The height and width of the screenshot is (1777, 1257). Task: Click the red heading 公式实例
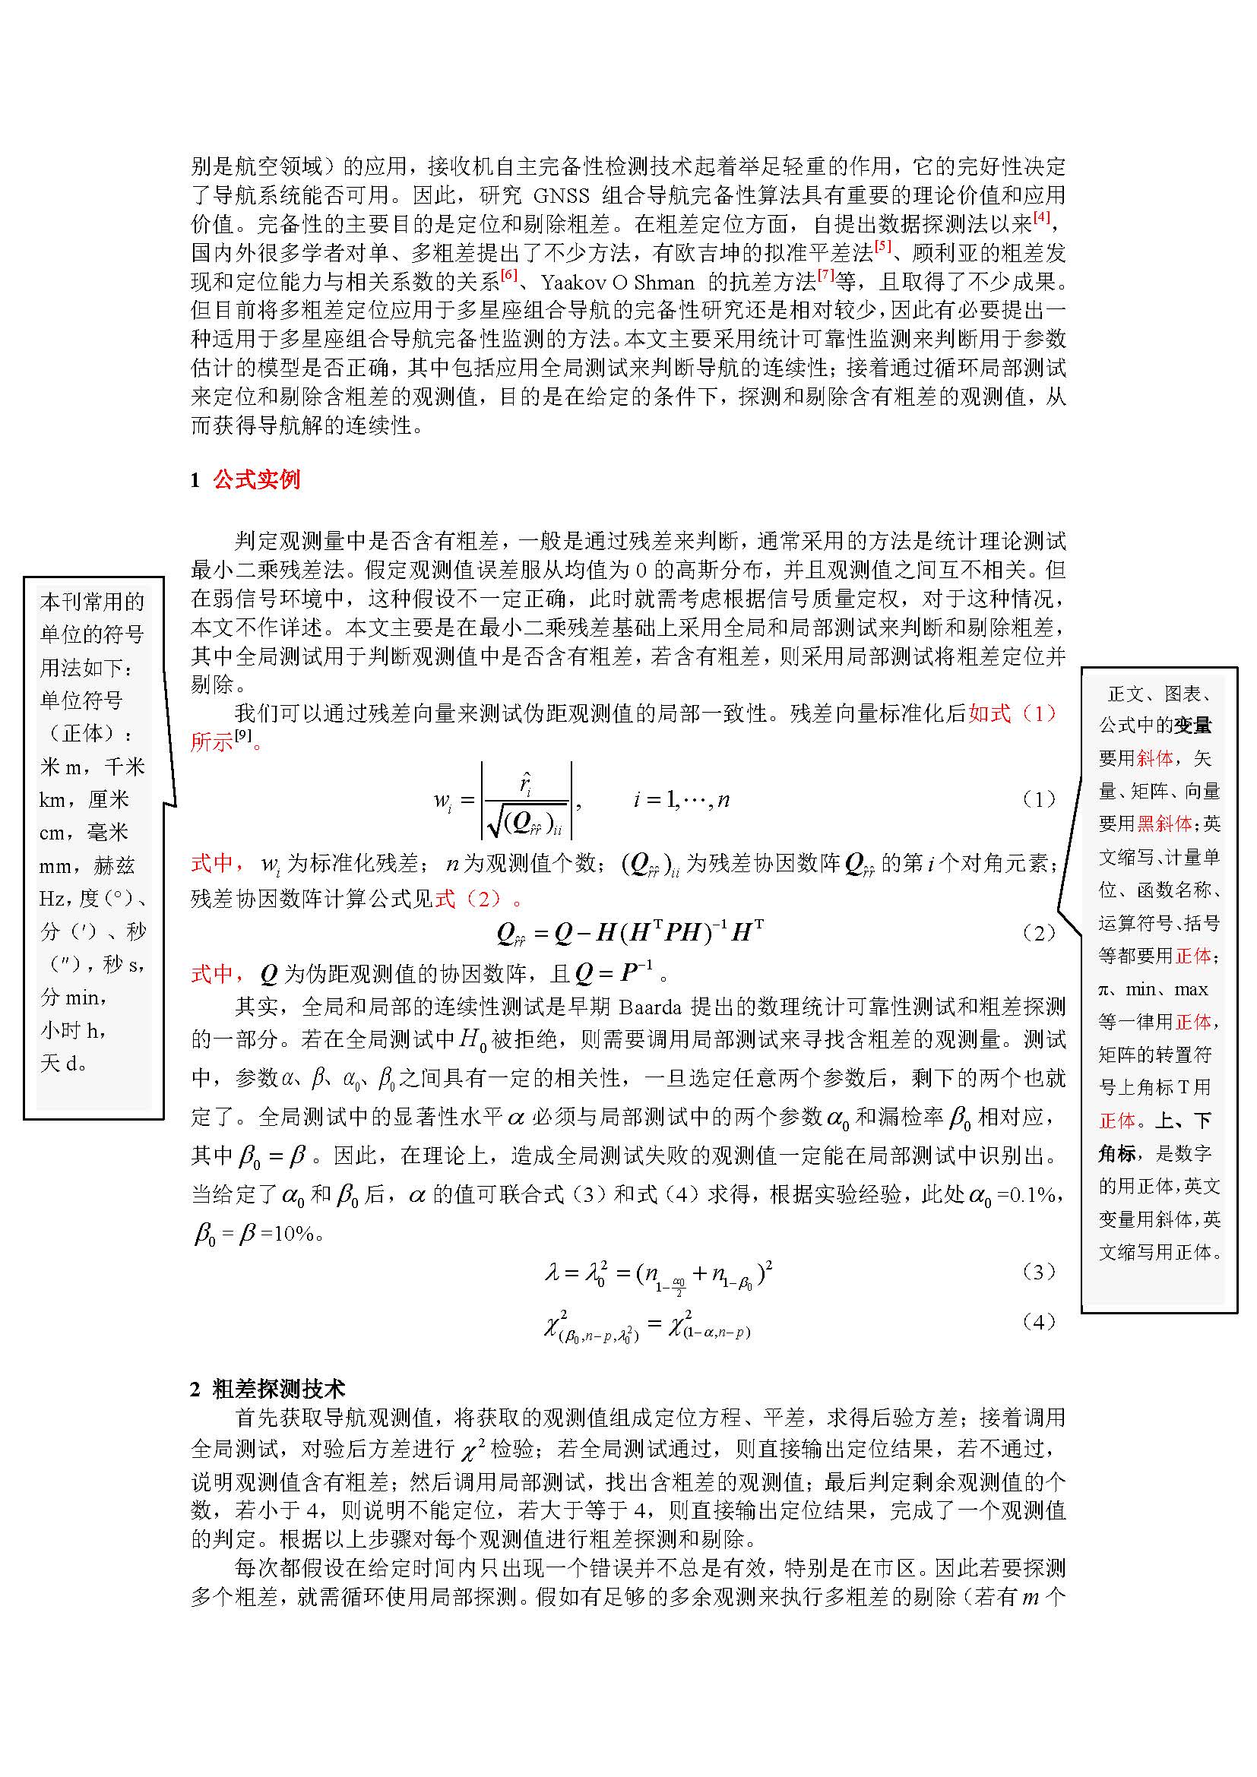click(x=256, y=480)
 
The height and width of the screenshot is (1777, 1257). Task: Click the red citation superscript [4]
click(x=1042, y=217)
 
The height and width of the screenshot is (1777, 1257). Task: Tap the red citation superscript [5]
click(x=883, y=246)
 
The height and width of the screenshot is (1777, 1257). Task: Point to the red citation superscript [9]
click(x=243, y=735)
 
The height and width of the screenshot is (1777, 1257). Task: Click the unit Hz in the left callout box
click(x=52, y=899)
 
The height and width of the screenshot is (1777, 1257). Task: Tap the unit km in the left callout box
click(x=52, y=799)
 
